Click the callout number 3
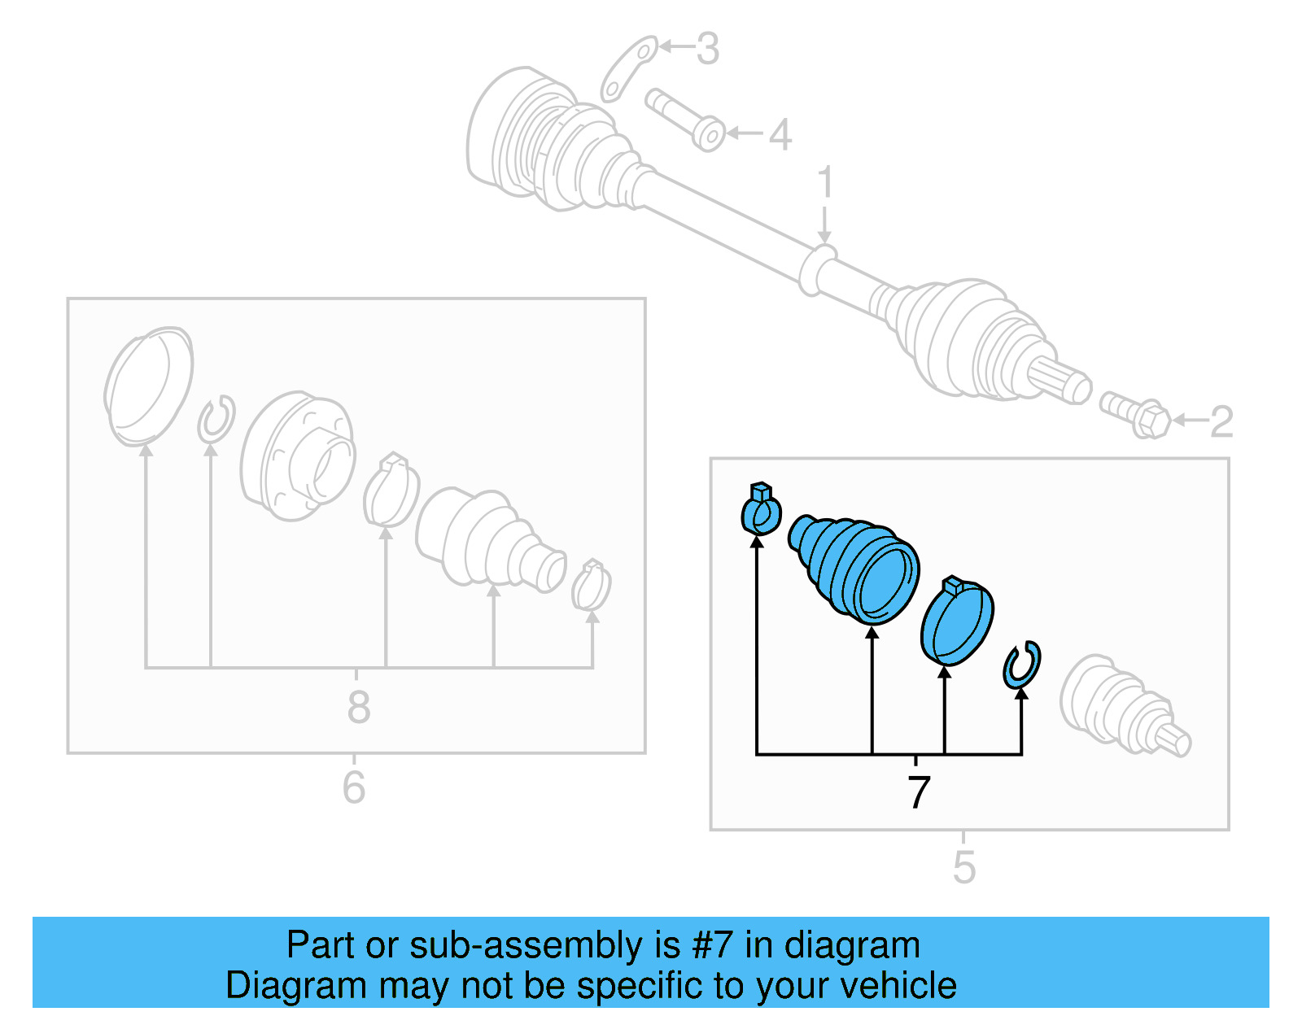coord(707,49)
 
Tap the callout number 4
coord(780,135)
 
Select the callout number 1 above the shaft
coord(825,182)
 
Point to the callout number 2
coord(1221,422)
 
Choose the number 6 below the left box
coord(354,787)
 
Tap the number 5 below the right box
coord(963,867)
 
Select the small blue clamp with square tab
coord(762,510)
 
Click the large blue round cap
coord(957,621)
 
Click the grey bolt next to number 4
coord(685,120)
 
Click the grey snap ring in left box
coord(216,420)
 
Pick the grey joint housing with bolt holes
coord(297,456)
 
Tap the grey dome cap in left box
coord(148,386)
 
